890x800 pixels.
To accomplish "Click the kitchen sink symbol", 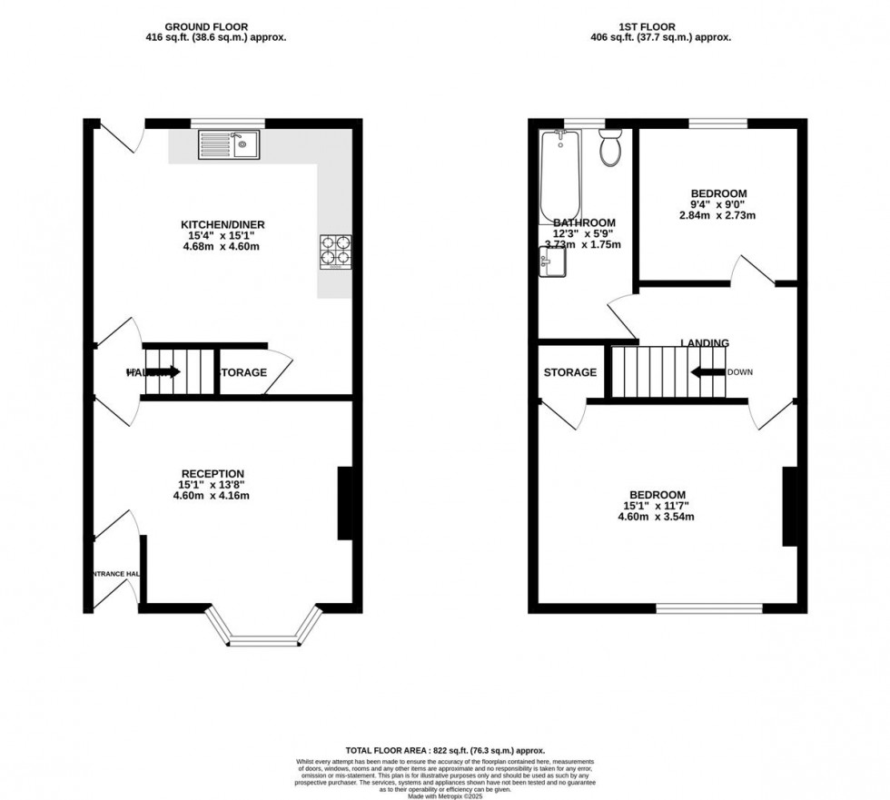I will click(229, 144).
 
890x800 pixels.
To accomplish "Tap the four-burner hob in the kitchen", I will click(334, 252).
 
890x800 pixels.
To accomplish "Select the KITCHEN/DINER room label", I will click(222, 224).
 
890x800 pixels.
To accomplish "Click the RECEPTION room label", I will click(213, 473).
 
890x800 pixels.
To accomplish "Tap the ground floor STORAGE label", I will click(242, 372).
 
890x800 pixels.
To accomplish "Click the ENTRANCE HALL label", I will click(116, 574).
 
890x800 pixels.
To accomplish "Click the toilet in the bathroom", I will click(610, 148).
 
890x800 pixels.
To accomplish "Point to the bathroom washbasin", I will click(552, 262).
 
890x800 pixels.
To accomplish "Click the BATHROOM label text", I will click(585, 222).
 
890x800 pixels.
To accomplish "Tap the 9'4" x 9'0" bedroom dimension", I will click(718, 204).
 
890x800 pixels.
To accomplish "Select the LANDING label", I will click(705, 343).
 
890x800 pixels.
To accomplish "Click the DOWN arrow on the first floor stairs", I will click(708, 371).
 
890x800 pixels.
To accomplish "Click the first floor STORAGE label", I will click(570, 372).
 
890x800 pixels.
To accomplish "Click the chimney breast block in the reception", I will click(346, 504).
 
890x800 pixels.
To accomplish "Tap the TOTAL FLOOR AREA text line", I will click(445, 750).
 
